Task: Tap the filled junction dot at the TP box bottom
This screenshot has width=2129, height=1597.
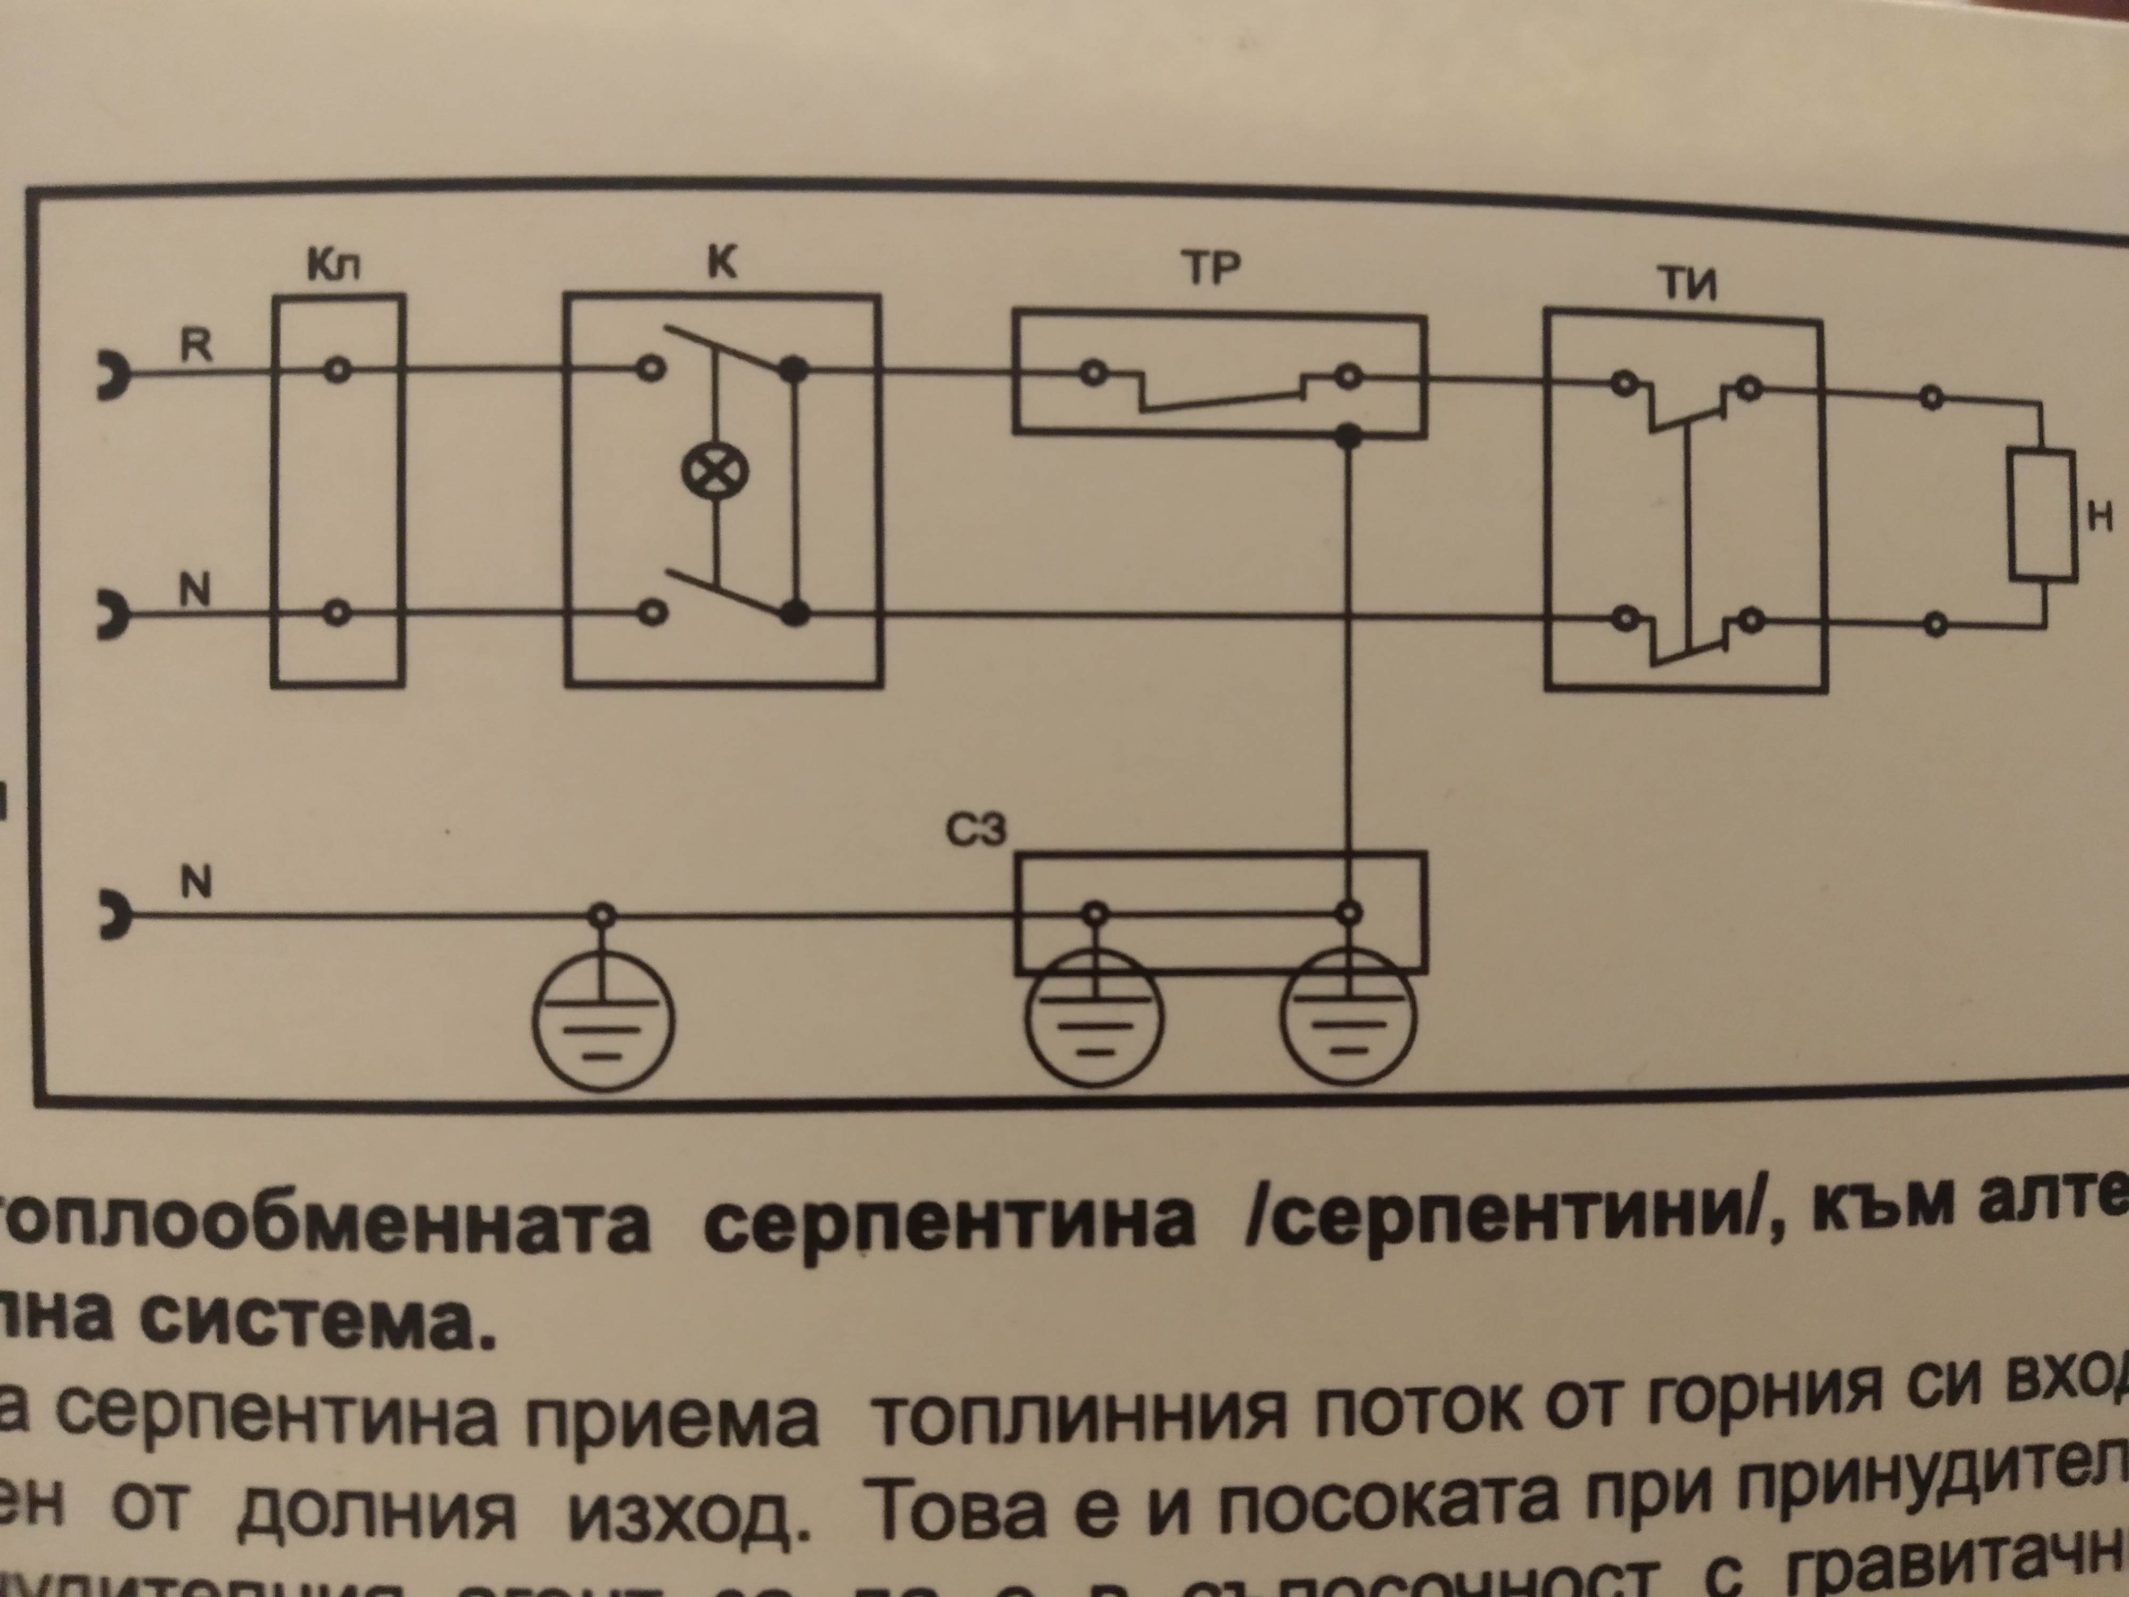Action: (1349, 439)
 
